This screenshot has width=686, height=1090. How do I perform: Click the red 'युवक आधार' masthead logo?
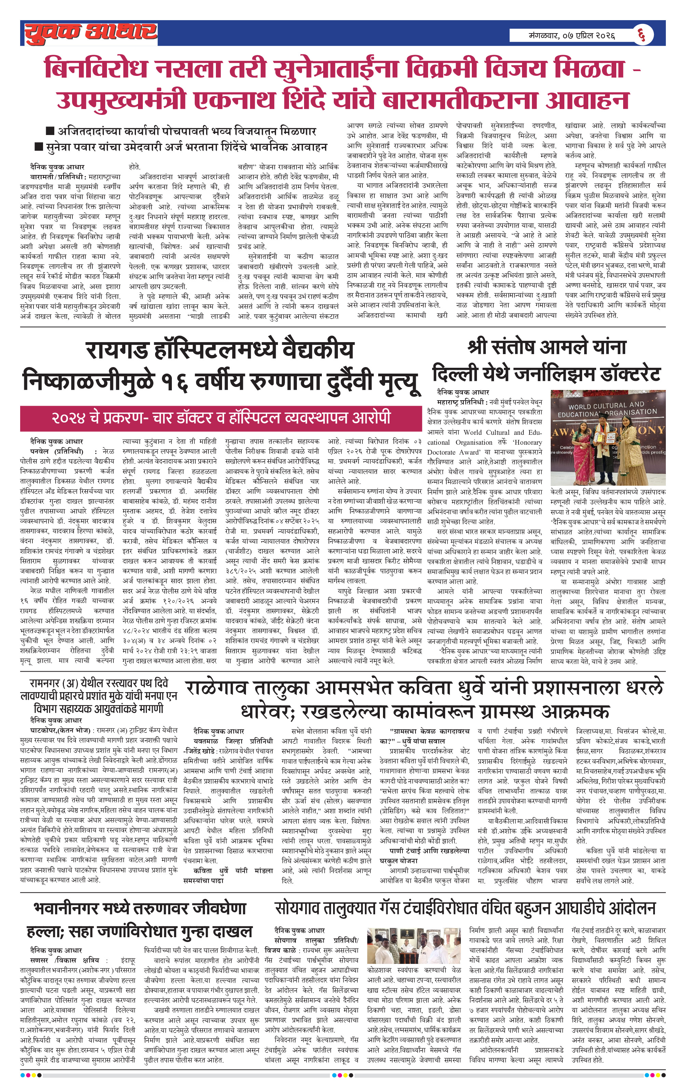pyautogui.click(x=90, y=33)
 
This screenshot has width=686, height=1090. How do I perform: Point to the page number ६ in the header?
pyautogui.click(x=641, y=35)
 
